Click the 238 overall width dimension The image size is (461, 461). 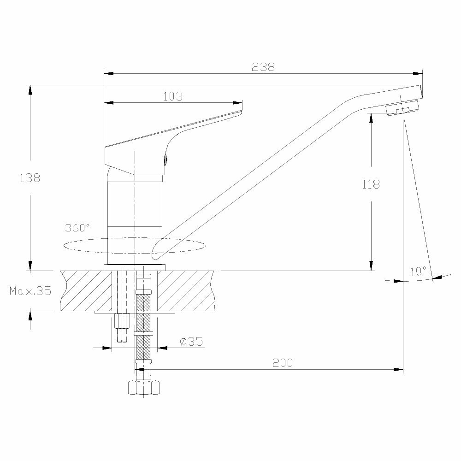point(263,66)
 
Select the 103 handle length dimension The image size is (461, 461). point(173,96)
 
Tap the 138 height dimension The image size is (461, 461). point(30,177)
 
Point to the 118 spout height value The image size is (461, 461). point(371,184)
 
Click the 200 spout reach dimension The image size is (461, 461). point(282,363)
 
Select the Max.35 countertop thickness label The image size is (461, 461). point(30,291)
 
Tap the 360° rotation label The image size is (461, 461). point(77,227)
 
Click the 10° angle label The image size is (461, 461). point(418,271)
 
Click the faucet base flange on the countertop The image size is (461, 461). point(135,268)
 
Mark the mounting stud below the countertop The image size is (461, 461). point(122,327)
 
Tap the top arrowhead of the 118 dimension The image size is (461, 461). point(371,117)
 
